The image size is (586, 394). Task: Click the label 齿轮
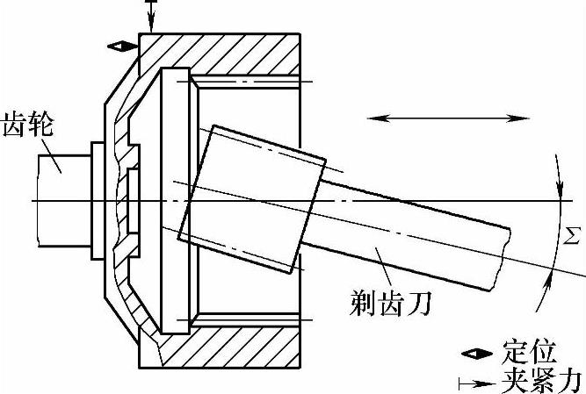pos(30,123)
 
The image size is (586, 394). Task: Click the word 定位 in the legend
pos(532,353)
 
